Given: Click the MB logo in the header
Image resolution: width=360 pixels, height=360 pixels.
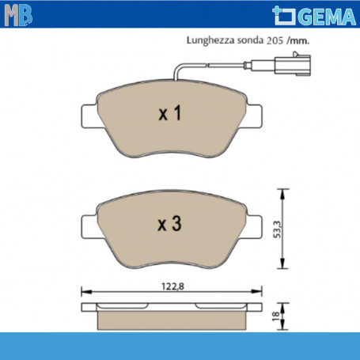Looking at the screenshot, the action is [x=18, y=15].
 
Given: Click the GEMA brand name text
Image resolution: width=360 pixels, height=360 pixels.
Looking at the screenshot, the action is [x=328, y=17].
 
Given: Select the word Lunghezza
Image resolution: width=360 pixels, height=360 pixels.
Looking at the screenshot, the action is [x=210, y=40].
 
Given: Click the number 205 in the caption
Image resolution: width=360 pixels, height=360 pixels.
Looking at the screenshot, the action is [x=275, y=41].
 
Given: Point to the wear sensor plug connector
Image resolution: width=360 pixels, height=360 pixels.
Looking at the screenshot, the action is [x=293, y=64].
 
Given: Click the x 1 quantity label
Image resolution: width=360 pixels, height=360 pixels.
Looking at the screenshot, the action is [x=170, y=113].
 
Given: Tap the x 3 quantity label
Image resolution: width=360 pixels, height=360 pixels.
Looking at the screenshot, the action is [x=169, y=224].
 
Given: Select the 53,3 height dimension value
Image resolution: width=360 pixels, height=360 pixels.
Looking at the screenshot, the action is [x=277, y=229].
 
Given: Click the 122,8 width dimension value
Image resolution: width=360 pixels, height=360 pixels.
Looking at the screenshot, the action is [x=172, y=286].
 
